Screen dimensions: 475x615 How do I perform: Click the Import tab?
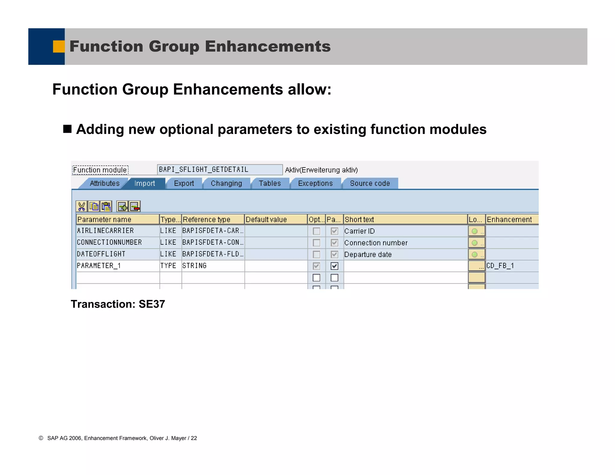(x=144, y=183)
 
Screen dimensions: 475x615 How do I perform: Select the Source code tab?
(x=370, y=183)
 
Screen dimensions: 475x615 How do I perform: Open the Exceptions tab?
(x=315, y=183)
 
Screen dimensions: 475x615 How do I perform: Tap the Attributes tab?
(x=105, y=183)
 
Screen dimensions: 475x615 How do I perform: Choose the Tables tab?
(x=270, y=183)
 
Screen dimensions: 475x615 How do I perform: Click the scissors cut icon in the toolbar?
(x=81, y=207)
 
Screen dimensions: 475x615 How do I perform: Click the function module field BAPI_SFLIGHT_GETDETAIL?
(x=219, y=170)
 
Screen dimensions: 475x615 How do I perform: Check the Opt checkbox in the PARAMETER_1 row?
(x=316, y=266)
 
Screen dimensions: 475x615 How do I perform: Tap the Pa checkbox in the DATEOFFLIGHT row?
(x=334, y=255)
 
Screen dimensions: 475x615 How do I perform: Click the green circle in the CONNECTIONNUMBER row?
(x=474, y=243)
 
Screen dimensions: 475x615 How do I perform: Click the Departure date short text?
(x=368, y=255)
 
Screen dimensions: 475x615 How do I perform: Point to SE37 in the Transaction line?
(x=152, y=304)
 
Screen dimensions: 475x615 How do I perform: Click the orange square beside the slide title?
(x=59, y=47)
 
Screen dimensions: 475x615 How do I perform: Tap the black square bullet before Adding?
(x=67, y=129)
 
